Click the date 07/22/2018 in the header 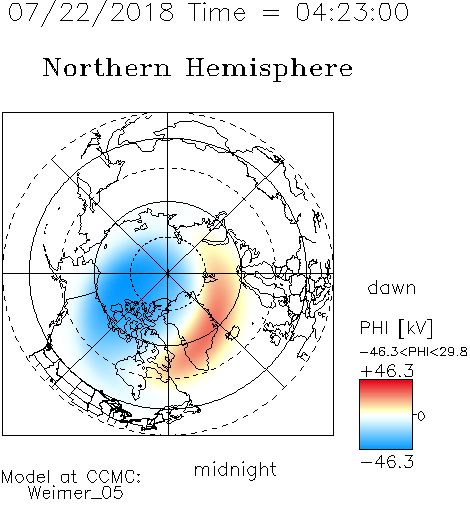[x=91, y=13]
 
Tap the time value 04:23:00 [x=352, y=12]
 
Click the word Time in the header [x=217, y=12]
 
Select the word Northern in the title [x=107, y=67]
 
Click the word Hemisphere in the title [x=269, y=69]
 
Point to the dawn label [x=392, y=287]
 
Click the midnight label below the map [x=235, y=469]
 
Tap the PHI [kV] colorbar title [x=396, y=328]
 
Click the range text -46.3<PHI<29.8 [x=414, y=352]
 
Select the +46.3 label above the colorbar [x=387, y=371]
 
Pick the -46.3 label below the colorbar [x=387, y=462]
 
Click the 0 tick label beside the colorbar [x=421, y=416]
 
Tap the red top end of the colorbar [x=386, y=383]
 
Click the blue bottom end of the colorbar [x=386, y=446]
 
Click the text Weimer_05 [x=76, y=493]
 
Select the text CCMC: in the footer [x=114, y=477]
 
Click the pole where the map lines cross [x=167, y=274]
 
